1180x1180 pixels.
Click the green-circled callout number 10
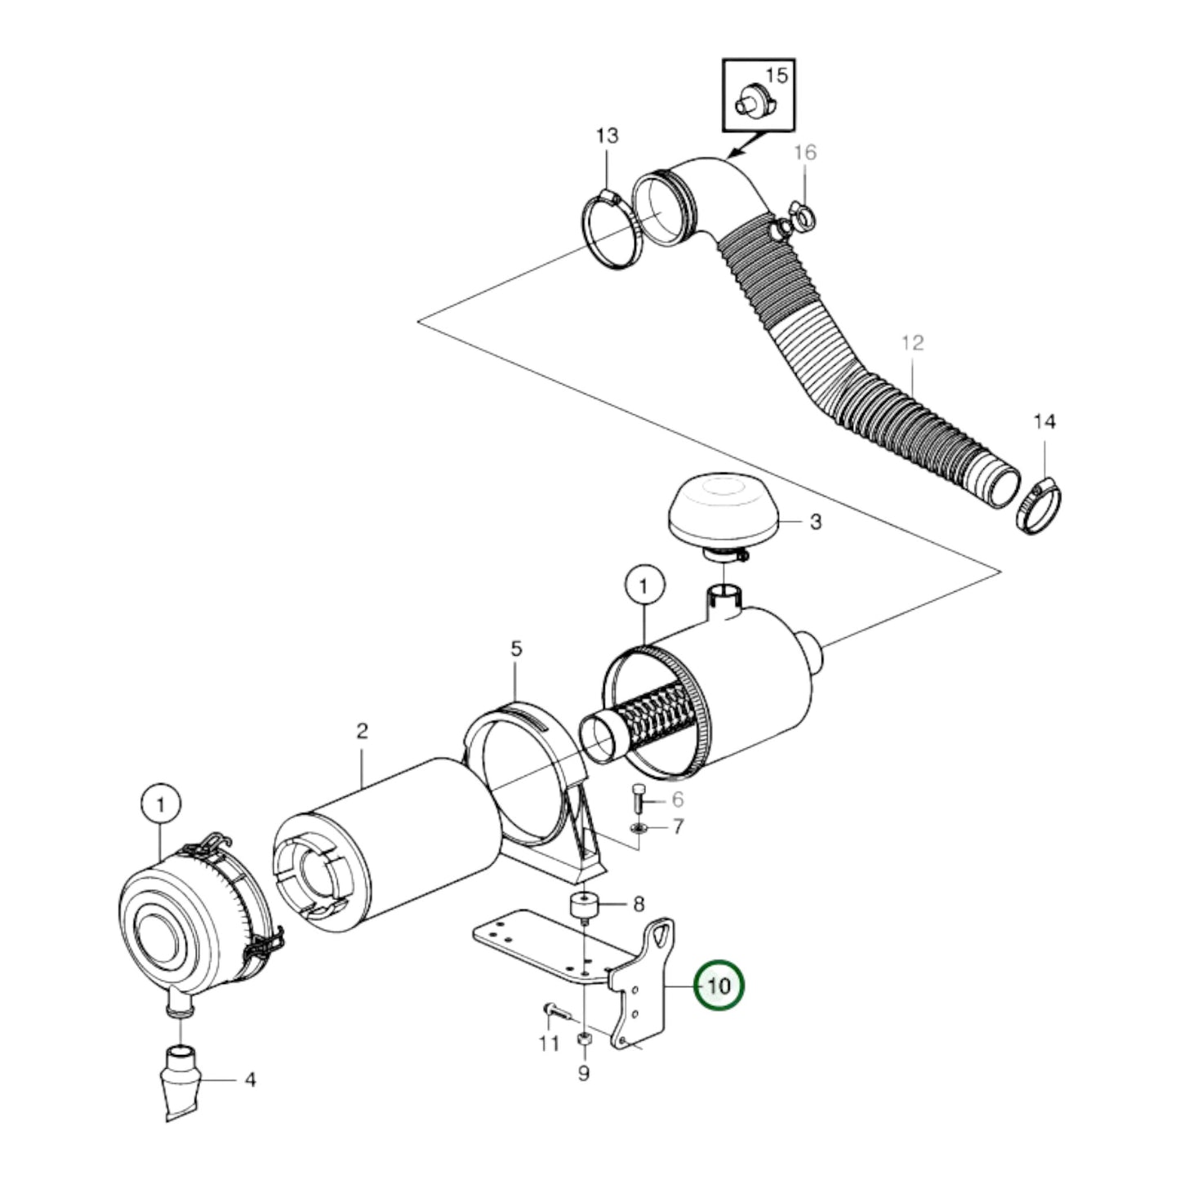click(719, 986)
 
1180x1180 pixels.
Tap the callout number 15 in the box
click(777, 76)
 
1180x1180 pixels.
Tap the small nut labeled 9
click(584, 1040)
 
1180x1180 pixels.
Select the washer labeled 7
click(639, 830)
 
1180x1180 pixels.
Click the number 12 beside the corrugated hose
click(912, 343)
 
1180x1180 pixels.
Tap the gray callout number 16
click(804, 153)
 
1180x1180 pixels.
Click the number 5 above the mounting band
click(516, 649)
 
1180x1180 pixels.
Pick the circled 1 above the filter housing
click(643, 586)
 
